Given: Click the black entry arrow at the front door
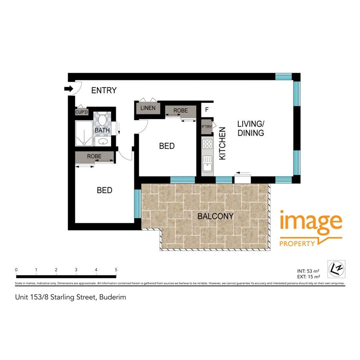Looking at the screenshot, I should click(x=68, y=89).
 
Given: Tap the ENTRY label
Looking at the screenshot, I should click(x=104, y=90).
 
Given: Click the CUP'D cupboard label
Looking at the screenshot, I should click(x=82, y=112).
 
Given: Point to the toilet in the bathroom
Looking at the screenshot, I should click(x=102, y=120).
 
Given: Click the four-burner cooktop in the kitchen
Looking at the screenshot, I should click(x=207, y=144).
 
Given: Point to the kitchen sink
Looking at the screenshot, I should click(x=207, y=164).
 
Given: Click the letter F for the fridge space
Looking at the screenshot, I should click(x=207, y=109).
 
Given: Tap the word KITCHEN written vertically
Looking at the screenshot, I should click(x=222, y=144).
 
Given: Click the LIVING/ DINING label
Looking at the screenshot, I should click(x=251, y=128).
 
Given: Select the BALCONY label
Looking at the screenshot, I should click(x=216, y=216).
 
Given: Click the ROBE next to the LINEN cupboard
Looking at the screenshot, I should click(x=181, y=111).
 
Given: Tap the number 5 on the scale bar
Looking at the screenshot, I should click(x=116, y=270).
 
